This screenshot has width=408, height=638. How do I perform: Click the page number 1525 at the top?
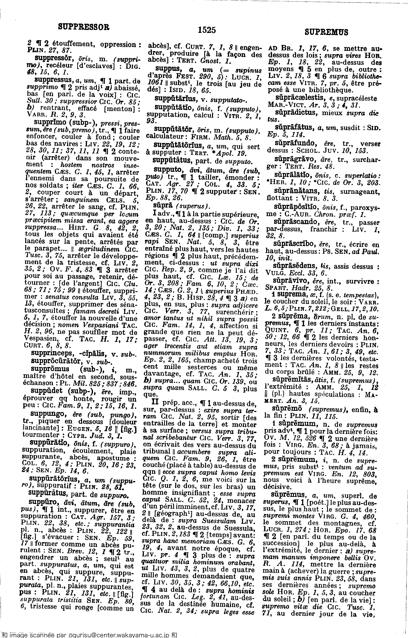click(207, 30)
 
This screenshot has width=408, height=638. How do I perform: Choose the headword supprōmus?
click(50, 369)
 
